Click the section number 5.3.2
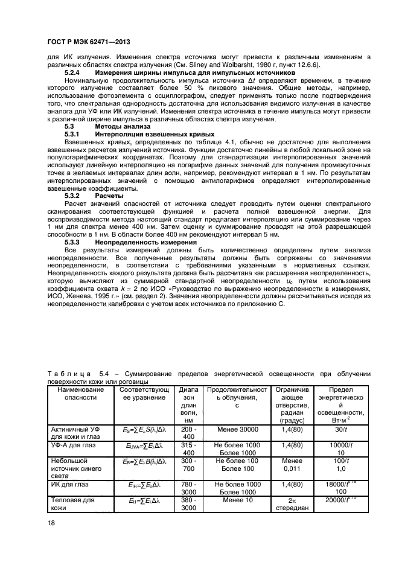tap(72, 196)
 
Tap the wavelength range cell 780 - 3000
tap(188, 488)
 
